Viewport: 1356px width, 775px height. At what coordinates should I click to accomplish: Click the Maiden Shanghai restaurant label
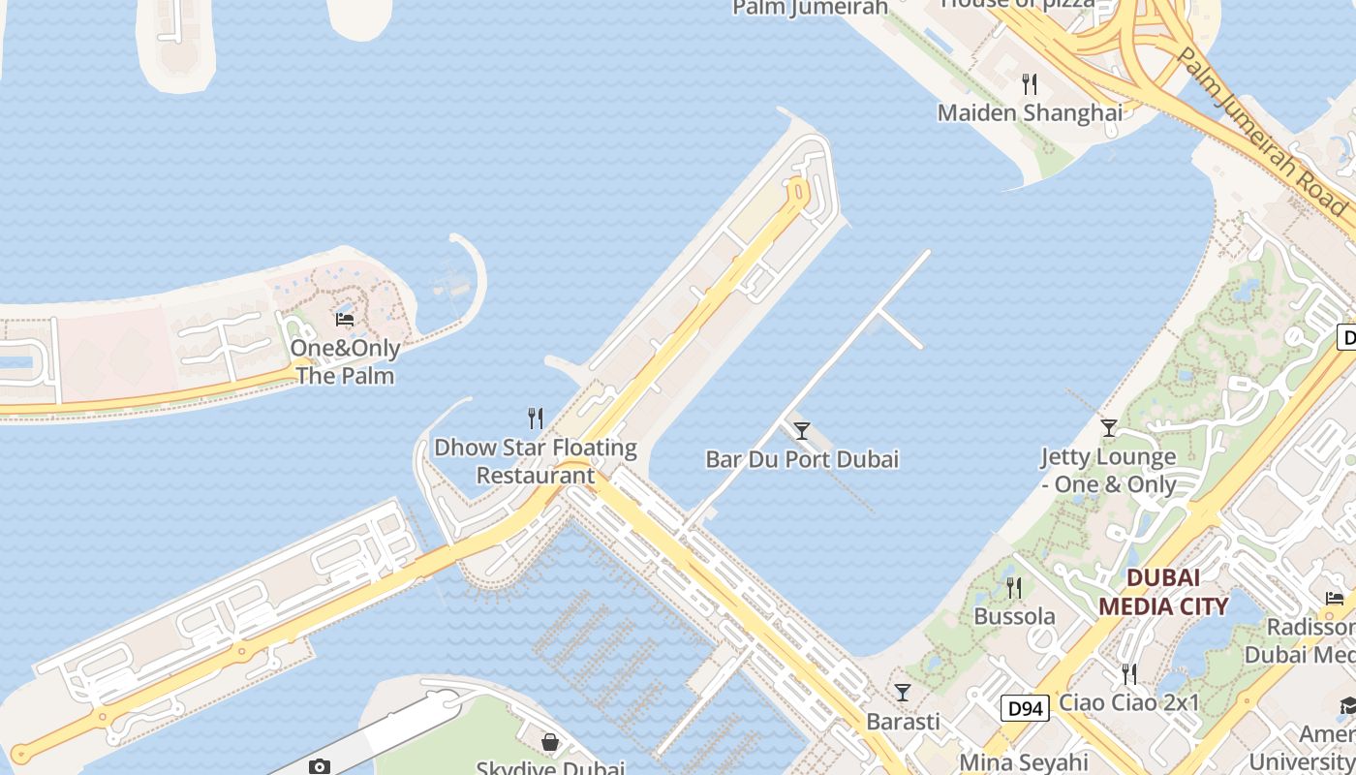click(x=1030, y=112)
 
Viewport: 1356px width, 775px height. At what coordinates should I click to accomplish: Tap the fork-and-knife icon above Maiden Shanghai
click(x=1030, y=84)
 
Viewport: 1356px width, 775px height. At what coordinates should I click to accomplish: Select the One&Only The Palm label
click(x=345, y=361)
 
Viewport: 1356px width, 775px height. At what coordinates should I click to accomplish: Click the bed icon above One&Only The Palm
click(x=344, y=319)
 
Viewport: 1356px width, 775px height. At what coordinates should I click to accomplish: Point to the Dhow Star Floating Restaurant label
click(x=535, y=461)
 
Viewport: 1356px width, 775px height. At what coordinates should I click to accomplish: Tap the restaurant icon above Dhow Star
click(x=535, y=418)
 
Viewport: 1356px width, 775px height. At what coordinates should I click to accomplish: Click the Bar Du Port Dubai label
click(x=802, y=458)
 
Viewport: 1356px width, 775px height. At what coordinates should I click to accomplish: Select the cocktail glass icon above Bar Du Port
click(x=802, y=430)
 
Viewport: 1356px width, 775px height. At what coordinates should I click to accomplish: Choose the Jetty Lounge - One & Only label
click(x=1108, y=470)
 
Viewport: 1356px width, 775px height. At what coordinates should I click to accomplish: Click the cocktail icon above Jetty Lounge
click(x=1109, y=427)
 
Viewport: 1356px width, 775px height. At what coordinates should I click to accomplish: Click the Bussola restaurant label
click(x=1014, y=616)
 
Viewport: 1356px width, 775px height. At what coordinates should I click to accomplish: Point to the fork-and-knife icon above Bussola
click(x=1013, y=587)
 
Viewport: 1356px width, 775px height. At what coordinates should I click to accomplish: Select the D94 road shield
click(x=1025, y=709)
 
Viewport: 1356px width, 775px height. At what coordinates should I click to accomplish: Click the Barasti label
click(x=903, y=721)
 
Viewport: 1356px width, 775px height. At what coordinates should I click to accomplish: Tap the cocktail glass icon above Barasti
click(x=903, y=692)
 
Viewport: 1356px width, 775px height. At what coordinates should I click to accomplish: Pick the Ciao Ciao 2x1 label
click(x=1129, y=702)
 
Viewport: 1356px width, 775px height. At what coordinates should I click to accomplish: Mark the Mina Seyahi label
click(x=1024, y=761)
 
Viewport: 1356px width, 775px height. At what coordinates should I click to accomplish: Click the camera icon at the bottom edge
click(x=320, y=766)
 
